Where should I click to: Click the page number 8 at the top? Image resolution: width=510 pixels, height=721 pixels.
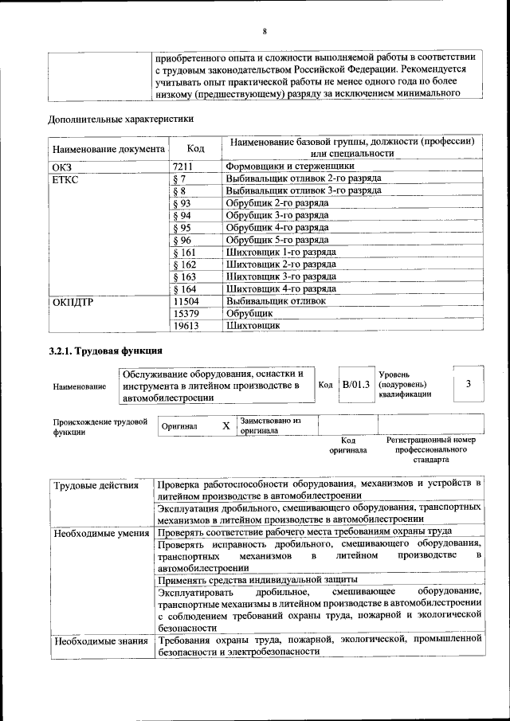tap(264, 31)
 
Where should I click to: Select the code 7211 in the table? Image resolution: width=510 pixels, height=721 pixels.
tap(182, 167)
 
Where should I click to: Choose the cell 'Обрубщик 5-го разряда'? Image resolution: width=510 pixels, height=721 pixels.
tap(277, 240)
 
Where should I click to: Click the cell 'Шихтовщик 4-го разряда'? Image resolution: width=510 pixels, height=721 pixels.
tap(280, 288)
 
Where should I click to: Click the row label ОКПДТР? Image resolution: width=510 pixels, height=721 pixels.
tap(74, 302)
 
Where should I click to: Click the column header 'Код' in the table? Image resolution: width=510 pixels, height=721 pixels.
tap(195, 148)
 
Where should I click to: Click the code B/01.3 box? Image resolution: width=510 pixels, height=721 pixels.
tap(355, 385)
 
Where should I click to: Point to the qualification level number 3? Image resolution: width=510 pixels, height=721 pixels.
tap(469, 384)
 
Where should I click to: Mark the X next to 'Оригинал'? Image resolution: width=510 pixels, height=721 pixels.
tap(226, 426)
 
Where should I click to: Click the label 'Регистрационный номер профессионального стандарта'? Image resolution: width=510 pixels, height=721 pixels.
tap(430, 449)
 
